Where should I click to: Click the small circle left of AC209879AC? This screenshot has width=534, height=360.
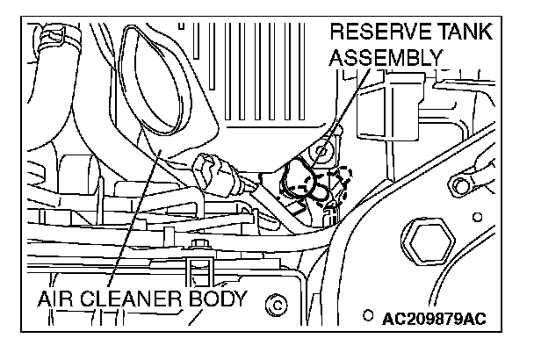[370, 314]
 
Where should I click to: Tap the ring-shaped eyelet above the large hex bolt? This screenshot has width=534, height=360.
[459, 184]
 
